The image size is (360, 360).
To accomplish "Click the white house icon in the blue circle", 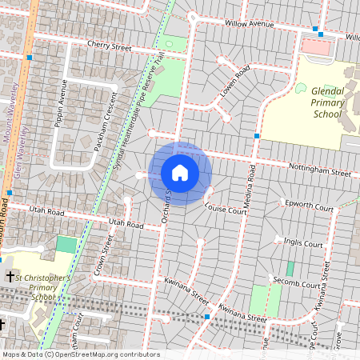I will pos(180,173).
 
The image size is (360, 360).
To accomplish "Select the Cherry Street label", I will pos(109,48).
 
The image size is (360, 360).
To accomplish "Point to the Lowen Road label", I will pos(236,81).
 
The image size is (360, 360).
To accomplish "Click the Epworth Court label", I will pos(309,207).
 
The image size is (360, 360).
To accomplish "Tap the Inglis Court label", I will pos(303,244).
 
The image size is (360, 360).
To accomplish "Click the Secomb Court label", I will pos(296,284).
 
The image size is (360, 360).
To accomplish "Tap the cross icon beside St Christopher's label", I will pos(10,276).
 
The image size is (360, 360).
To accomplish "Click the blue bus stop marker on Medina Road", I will pos(256,136).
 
